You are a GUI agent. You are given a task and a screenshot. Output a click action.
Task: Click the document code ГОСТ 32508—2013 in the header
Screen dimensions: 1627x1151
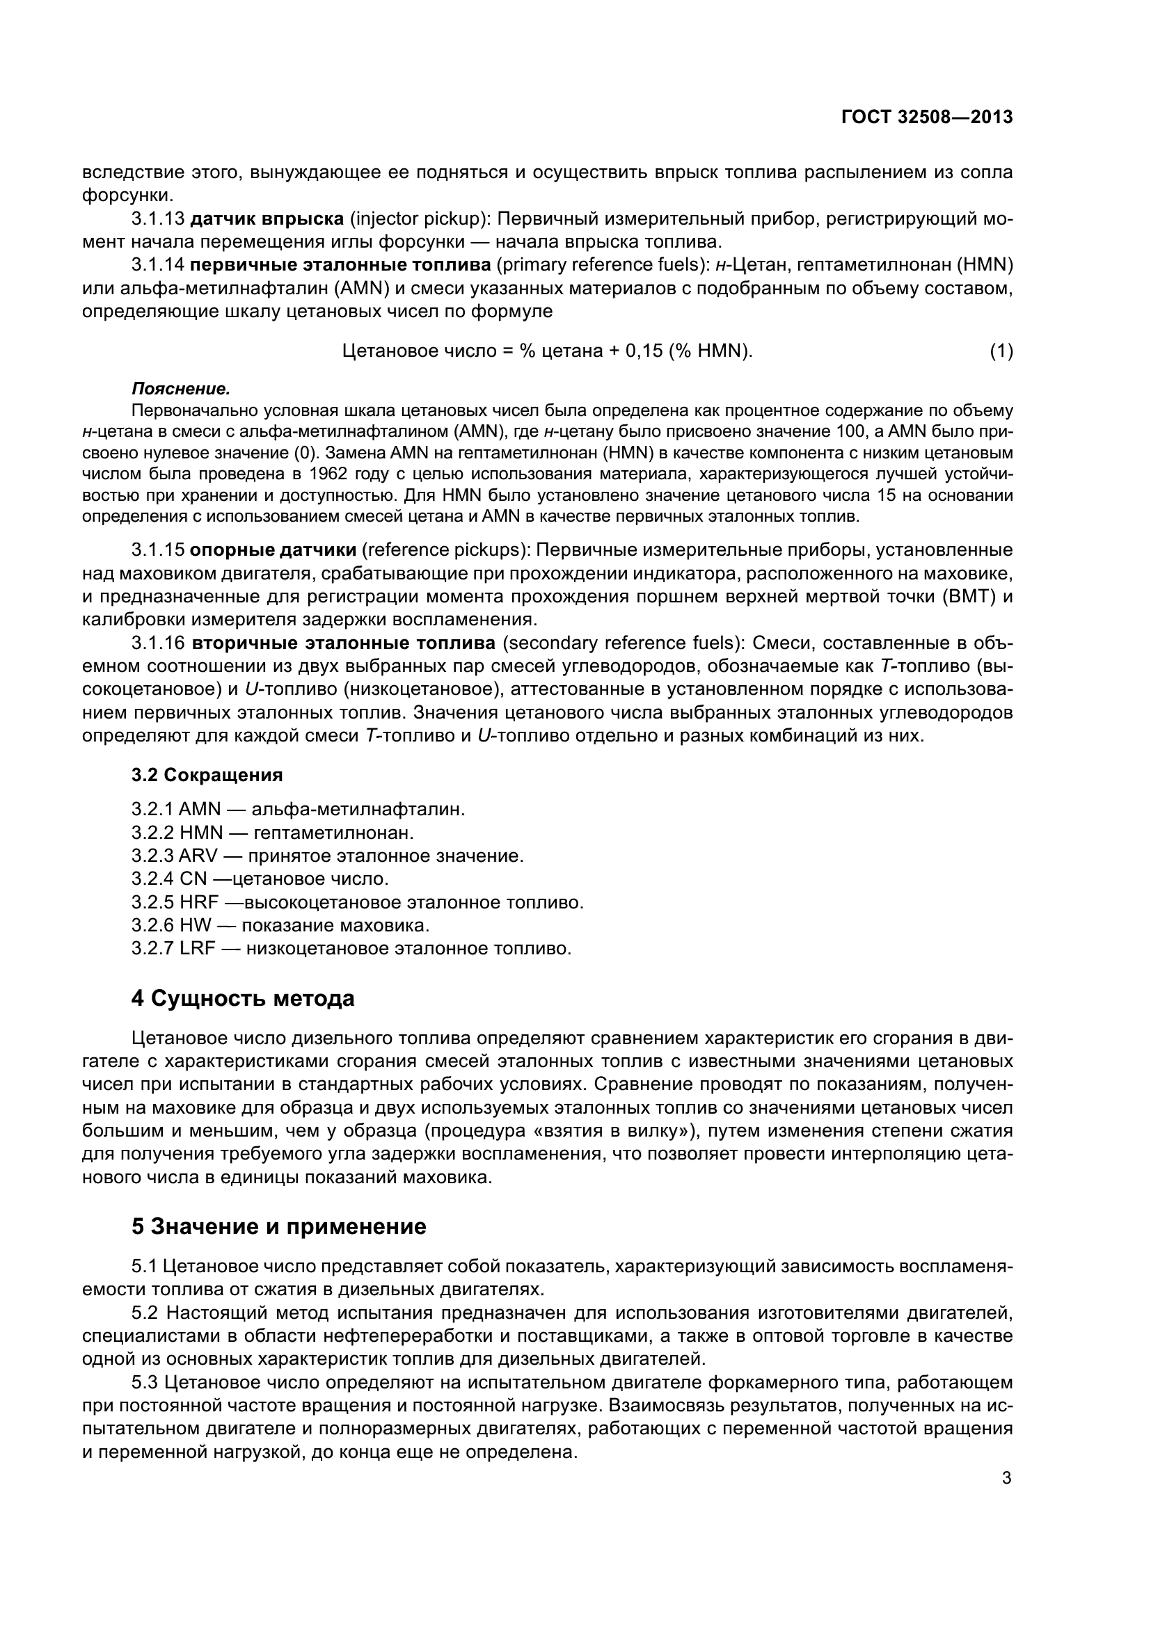(927, 118)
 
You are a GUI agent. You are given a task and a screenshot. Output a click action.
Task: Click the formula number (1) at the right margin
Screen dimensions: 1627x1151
(1001, 351)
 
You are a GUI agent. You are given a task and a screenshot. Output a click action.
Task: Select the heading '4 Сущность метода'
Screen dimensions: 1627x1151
(242, 999)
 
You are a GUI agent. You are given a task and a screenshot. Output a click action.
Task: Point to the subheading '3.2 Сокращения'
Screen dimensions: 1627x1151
(207, 775)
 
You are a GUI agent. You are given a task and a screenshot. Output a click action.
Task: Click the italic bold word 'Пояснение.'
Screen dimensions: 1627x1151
(181, 389)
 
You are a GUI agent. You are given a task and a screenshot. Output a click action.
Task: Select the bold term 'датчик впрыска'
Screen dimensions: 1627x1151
(267, 218)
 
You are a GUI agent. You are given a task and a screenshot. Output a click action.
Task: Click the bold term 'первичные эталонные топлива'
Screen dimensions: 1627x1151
(340, 265)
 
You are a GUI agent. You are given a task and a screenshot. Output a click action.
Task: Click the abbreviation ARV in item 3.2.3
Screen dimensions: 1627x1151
(198, 856)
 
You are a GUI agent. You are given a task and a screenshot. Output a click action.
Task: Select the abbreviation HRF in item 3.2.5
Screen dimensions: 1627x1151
(198, 903)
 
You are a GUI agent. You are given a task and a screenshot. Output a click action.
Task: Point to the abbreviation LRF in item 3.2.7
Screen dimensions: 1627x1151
(197, 949)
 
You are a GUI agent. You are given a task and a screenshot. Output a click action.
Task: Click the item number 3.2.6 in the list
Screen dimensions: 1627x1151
(152, 925)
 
